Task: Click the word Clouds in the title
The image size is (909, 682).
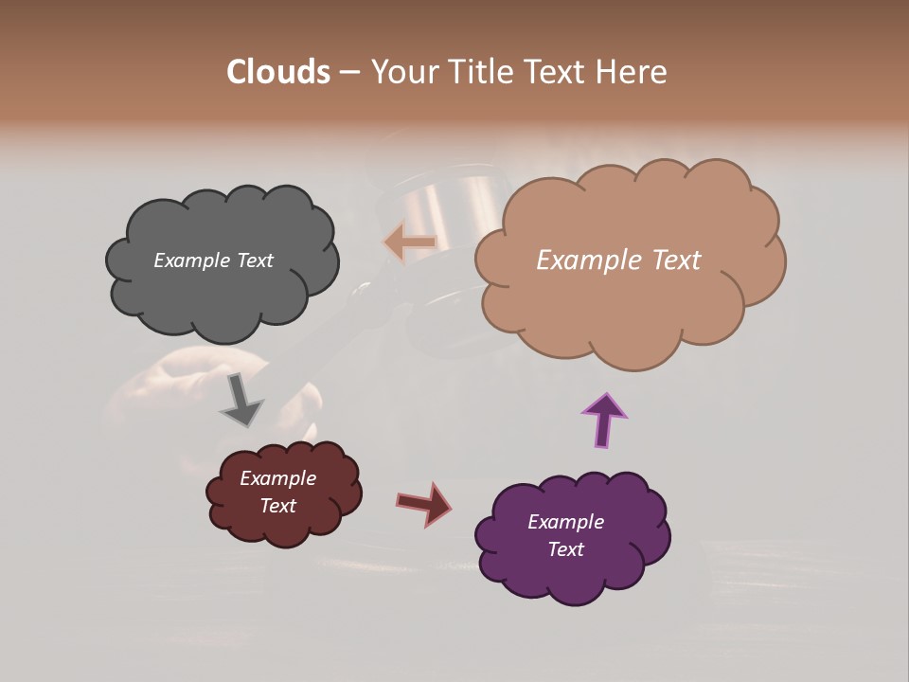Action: coord(277,72)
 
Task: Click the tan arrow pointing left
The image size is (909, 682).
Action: coord(409,243)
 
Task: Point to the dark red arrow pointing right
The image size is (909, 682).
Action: coord(425,503)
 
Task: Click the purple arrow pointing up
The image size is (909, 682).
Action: coord(604,419)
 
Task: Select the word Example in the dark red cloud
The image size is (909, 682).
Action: coord(277,478)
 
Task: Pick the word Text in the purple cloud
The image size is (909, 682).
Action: coord(565,549)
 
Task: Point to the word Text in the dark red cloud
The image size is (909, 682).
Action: coord(278,506)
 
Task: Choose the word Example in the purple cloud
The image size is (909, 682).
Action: coord(565,522)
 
